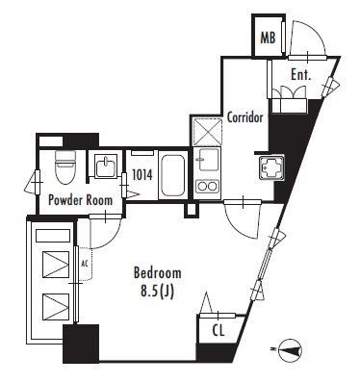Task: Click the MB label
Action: pos(268,38)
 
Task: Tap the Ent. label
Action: pos(301,75)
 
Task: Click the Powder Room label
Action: pos(80,200)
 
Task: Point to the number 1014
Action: pos(142,175)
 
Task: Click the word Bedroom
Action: pos(157,273)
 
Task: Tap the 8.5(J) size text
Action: pos(157,292)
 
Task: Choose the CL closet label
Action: pos(219,331)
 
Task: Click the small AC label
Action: pos(85,264)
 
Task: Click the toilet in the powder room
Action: pos(65,166)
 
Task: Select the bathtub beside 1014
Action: pos(172,175)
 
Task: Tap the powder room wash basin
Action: pos(105,165)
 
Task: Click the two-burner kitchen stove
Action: pos(207,186)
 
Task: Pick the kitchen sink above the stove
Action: pos(208,159)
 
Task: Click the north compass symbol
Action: pos(291,351)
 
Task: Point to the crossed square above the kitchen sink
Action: pos(208,132)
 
